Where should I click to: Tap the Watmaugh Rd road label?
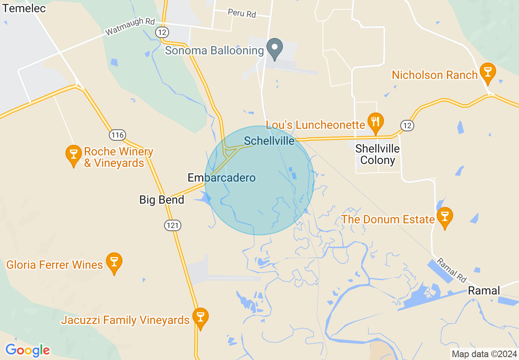(x=125, y=27)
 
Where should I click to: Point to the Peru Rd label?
(x=242, y=13)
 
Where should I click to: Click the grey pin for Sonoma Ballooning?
(x=275, y=48)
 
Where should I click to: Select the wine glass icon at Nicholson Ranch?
(x=487, y=72)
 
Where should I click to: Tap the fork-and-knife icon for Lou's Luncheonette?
(x=375, y=122)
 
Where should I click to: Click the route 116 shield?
(x=117, y=135)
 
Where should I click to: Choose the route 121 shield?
(x=173, y=225)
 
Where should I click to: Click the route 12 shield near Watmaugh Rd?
(x=160, y=32)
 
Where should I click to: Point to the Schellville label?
(x=269, y=141)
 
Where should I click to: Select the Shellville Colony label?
(x=377, y=154)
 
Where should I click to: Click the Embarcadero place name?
(x=221, y=178)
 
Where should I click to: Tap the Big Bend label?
(x=162, y=200)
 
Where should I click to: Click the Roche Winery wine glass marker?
(x=74, y=155)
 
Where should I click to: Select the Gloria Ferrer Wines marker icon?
(x=114, y=262)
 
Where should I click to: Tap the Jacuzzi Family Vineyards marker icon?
(x=200, y=317)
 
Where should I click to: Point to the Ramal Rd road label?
(x=451, y=270)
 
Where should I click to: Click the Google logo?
(x=27, y=351)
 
